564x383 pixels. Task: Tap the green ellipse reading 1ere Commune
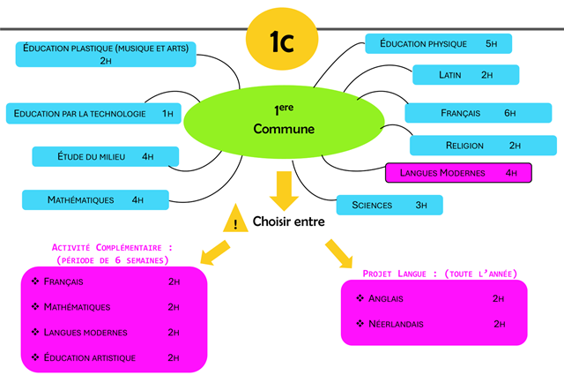coord(283,120)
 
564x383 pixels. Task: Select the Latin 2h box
coord(466,75)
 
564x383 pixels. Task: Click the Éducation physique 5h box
coord(439,43)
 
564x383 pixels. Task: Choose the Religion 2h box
coord(483,146)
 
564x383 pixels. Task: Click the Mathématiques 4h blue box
coord(96,200)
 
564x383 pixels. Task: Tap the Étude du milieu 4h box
coord(105,157)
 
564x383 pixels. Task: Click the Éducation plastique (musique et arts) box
coord(106,54)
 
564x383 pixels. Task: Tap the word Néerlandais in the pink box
coord(396,324)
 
